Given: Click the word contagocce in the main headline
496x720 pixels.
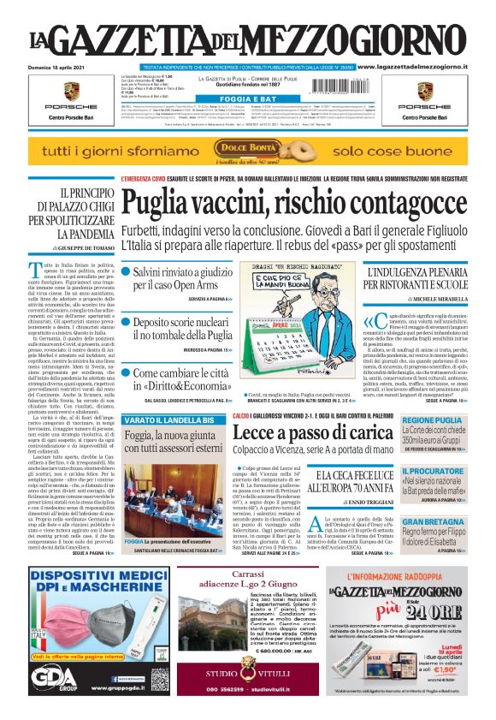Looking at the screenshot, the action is coord(400,202).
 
